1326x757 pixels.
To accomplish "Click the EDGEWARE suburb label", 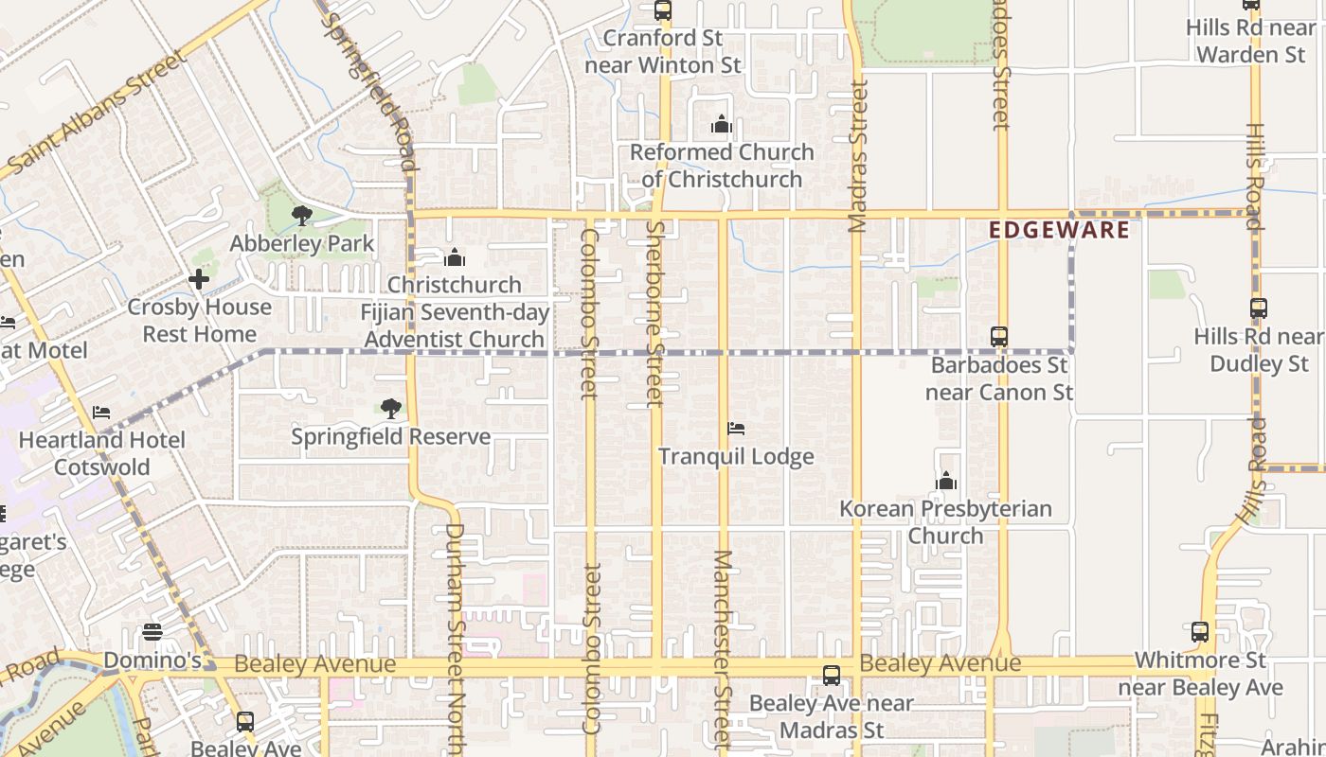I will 1059,230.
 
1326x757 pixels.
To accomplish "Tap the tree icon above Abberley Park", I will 302,217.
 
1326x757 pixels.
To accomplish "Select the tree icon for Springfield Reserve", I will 390,409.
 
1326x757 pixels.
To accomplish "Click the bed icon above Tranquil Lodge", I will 736,429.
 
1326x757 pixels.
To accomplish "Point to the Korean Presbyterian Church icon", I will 945,482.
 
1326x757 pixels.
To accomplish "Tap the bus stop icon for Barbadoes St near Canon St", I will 998,336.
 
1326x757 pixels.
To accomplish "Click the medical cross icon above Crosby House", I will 199,279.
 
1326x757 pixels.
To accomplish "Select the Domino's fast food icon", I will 152,632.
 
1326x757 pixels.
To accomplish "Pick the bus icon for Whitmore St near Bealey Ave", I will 1200,632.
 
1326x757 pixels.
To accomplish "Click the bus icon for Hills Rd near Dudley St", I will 1258,308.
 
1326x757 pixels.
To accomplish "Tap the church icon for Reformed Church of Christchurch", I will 722,124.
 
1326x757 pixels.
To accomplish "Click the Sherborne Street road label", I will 654,312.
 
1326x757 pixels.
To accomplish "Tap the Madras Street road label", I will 858,156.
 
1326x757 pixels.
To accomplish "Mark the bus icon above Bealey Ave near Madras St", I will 831,676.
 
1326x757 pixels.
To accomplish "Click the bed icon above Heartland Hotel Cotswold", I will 101,413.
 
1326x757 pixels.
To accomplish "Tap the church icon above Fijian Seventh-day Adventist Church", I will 455,257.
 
